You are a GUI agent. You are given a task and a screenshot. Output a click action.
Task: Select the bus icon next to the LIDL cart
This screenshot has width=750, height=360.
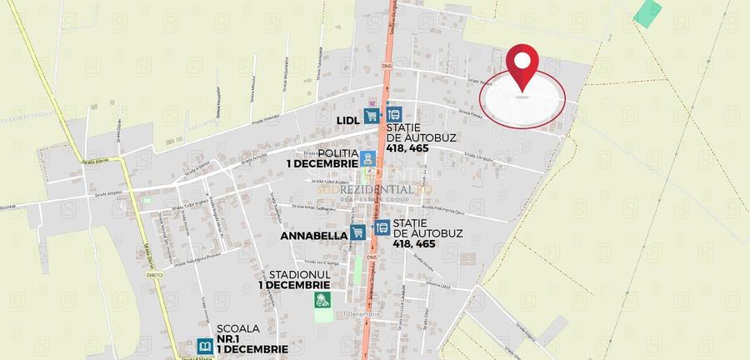coord(393,116)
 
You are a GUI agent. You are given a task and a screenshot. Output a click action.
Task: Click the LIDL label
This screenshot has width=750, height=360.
coord(347,120)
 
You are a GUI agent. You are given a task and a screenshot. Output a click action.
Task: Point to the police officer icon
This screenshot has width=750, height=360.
coord(367,157)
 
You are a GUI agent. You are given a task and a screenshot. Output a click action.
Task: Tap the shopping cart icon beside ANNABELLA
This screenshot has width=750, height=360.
coord(358,232)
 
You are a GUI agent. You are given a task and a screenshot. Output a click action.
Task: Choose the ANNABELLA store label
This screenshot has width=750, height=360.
coord(313,236)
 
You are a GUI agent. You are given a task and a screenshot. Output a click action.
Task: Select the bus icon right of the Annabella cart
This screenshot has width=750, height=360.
coord(382,227)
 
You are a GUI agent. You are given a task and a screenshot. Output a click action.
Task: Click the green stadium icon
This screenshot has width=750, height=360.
coord(322,300)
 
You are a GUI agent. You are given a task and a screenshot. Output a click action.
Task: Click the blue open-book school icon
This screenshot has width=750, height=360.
coord(205,346)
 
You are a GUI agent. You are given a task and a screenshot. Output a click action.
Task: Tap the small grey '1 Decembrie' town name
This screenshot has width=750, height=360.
coord(362,314)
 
